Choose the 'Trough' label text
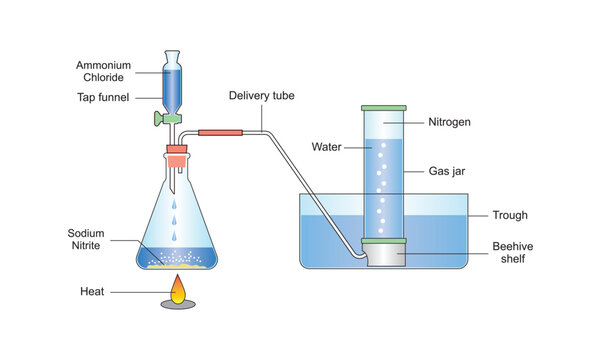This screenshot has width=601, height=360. [511, 215]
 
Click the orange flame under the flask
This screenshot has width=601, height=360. [178, 291]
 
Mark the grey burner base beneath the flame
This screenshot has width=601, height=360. [178, 305]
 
